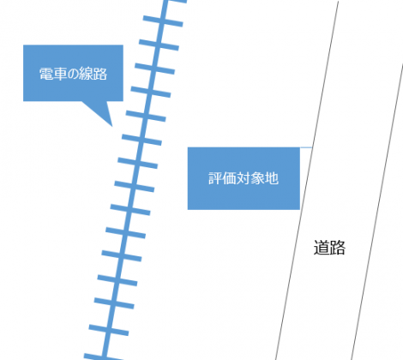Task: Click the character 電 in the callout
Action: click(46, 74)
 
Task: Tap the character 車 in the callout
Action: click(60, 74)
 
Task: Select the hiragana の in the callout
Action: click(73, 75)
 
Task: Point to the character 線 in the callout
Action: click(87, 74)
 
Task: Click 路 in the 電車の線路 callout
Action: click(100, 74)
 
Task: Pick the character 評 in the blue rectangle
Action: click(215, 178)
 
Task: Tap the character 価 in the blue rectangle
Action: click(230, 178)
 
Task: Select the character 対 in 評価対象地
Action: click(244, 178)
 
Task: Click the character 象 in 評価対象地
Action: click(257, 178)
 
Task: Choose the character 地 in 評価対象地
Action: click(272, 178)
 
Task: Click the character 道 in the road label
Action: click(322, 248)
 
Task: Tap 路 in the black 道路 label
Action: click(338, 248)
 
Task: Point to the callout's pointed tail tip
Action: click(112, 126)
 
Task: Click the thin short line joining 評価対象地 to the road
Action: click(306, 147)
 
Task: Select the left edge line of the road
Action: click(307, 180)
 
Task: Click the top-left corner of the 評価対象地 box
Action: click(188, 147)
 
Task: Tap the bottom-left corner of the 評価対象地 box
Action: click(188, 210)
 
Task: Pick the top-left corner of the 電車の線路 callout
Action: click(23, 45)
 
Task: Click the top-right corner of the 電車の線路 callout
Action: click(123, 45)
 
